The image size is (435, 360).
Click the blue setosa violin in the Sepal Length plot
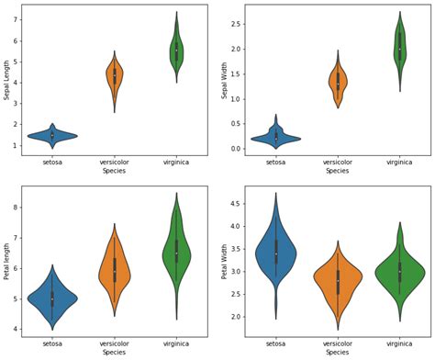pyautogui.click(x=52, y=136)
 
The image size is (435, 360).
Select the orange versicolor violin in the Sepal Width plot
pyautogui.click(x=338, y=84)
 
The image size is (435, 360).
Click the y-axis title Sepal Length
pyautogui.click(x=7, y=81)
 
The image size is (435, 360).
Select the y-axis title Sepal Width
pyautogui.click(x=224, y=81)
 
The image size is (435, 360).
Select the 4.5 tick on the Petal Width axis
pyautogui.click(x=237, y=204)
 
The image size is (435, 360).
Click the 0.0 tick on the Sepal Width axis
pyautogui.click(x=237, y=149)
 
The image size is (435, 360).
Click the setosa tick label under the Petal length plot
pyautogui.click(x=52, y=343)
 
